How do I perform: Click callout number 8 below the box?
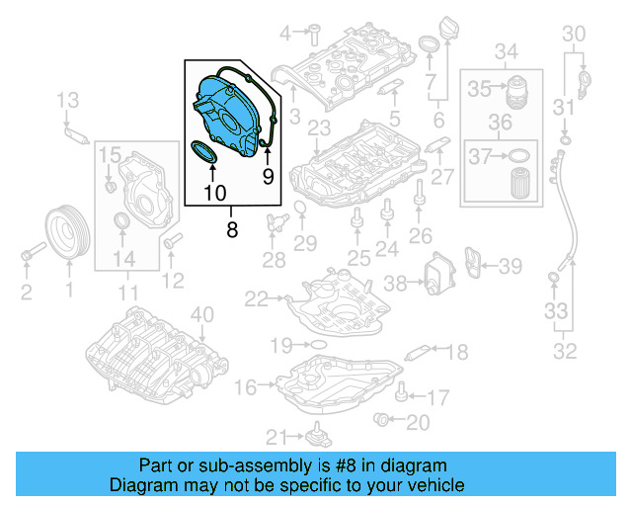coord(232,230)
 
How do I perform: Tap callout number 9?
coord(267,178)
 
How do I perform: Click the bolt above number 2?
coord(26,256)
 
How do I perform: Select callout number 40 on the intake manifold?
coord(201,315)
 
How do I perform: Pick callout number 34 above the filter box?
coord(506,50)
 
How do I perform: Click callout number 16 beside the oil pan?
coord(245,386)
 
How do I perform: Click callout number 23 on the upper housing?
coord(318,128)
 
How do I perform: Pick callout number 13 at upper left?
coord(67,99)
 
